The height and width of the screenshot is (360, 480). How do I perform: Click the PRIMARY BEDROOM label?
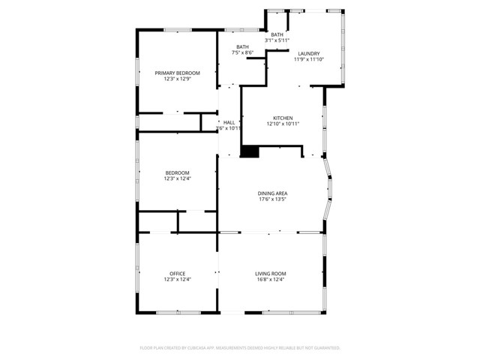point(178,73)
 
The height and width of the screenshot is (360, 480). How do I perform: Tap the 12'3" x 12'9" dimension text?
point(178,79)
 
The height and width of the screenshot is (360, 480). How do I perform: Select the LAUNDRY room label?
point(308,53)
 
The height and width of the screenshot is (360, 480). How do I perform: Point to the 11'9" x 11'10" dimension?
point(308,59)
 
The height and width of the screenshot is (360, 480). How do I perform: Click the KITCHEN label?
point(282,118)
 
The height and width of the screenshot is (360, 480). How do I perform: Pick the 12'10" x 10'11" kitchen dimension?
point(282,124)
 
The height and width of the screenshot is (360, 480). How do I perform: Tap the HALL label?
point(229,122)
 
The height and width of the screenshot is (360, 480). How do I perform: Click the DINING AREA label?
point(273,193)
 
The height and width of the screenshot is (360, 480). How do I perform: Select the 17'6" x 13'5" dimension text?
point(273,199)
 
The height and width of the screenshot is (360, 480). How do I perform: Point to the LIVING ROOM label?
point(270,274)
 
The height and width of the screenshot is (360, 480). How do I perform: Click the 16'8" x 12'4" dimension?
point(270,280)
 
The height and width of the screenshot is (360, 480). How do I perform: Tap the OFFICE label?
point(178,274)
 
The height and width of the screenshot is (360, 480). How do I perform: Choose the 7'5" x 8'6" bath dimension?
point(242,52)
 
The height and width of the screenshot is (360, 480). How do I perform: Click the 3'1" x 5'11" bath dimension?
point(277,40)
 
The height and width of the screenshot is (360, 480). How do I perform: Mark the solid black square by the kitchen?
point(248,151)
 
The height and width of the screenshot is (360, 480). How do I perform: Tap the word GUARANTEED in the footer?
point(324,348)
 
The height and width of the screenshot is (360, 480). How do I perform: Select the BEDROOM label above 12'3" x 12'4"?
point(178,172)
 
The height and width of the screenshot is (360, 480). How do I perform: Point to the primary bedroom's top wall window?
point(178,30)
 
